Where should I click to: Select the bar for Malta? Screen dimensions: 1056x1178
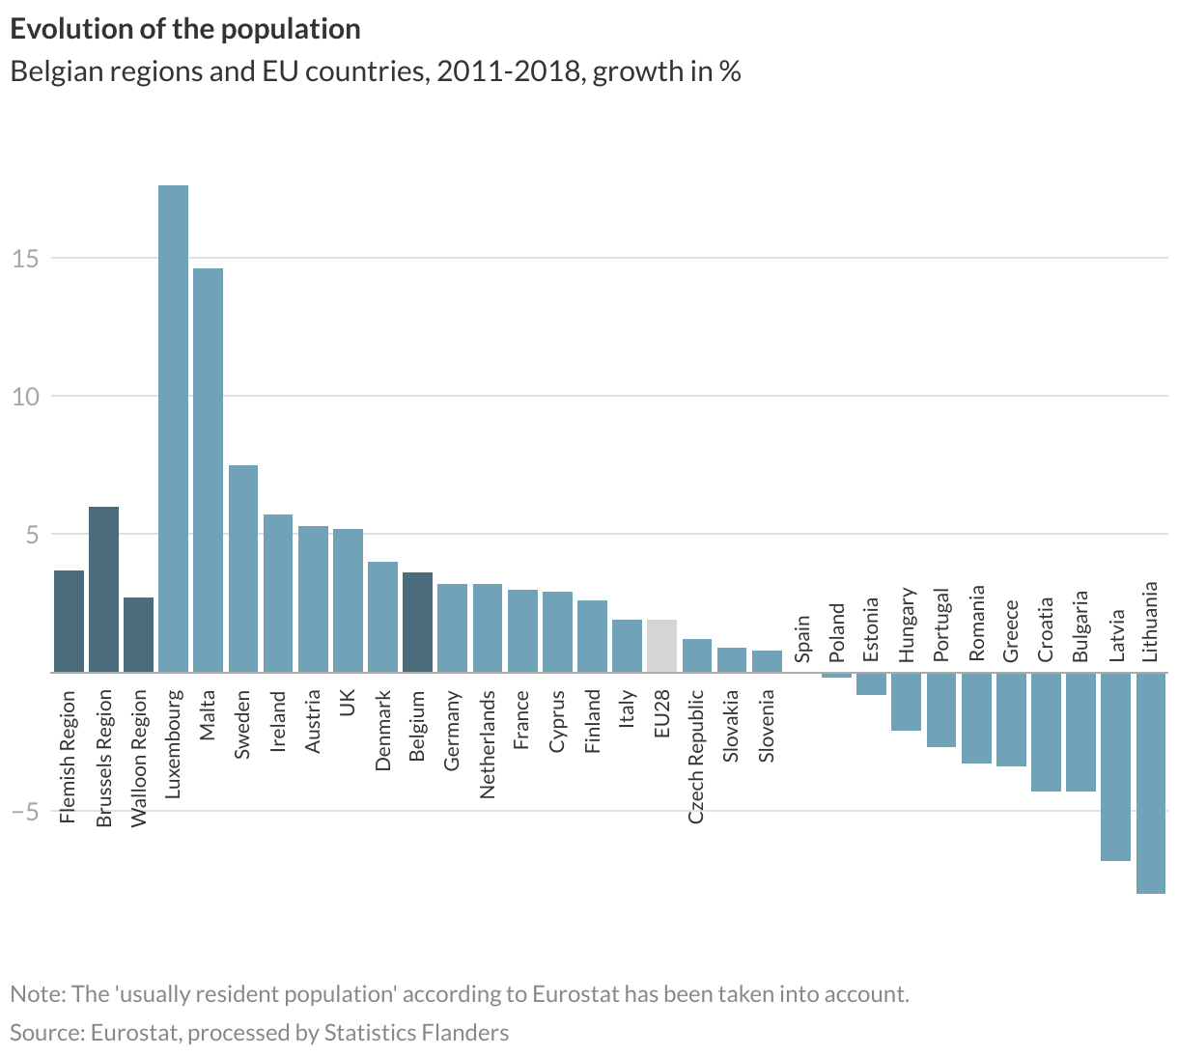coord(208,469)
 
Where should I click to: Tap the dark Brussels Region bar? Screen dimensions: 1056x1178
coord(103,589)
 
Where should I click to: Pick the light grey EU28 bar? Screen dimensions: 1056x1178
coord(661,646)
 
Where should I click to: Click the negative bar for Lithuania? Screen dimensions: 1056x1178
coord(1151,782)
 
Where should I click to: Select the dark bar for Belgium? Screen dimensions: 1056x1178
coord(417,622)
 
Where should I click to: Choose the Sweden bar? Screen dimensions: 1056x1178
coord(243,569)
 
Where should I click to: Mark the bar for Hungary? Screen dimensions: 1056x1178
coord(906,702)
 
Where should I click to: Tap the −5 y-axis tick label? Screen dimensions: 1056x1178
coord(25,811)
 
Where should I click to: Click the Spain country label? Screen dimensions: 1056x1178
coord(802,640)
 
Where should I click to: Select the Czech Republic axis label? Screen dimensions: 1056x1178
coord(696,757)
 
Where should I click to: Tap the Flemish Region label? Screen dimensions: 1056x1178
coord(68,757)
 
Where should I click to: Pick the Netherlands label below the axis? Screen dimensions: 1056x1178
coord(487,744)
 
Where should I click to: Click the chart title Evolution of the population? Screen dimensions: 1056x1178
coord(185,29)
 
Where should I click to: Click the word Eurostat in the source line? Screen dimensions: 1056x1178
coord(134,1033)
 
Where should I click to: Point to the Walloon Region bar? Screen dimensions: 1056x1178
coord(138,634)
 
